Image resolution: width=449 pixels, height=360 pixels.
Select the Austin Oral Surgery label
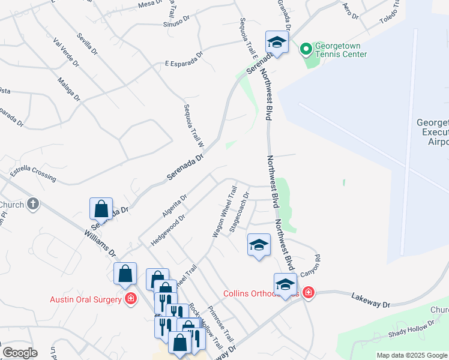click(86, 299)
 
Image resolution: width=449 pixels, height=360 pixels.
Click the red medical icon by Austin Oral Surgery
click(130, 298)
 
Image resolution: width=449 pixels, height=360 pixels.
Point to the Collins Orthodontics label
click(260, 293)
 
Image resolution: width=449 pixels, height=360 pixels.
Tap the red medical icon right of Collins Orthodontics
click(308, 293)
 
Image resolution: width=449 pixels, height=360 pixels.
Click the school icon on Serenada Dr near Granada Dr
click(277, 42)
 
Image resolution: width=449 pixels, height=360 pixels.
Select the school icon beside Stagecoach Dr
click(259, 245)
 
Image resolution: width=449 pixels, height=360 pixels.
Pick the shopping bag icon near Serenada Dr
click(101, 209)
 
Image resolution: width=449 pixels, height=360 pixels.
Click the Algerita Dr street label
click(175, 205)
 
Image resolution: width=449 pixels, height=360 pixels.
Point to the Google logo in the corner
click(20, 352)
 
